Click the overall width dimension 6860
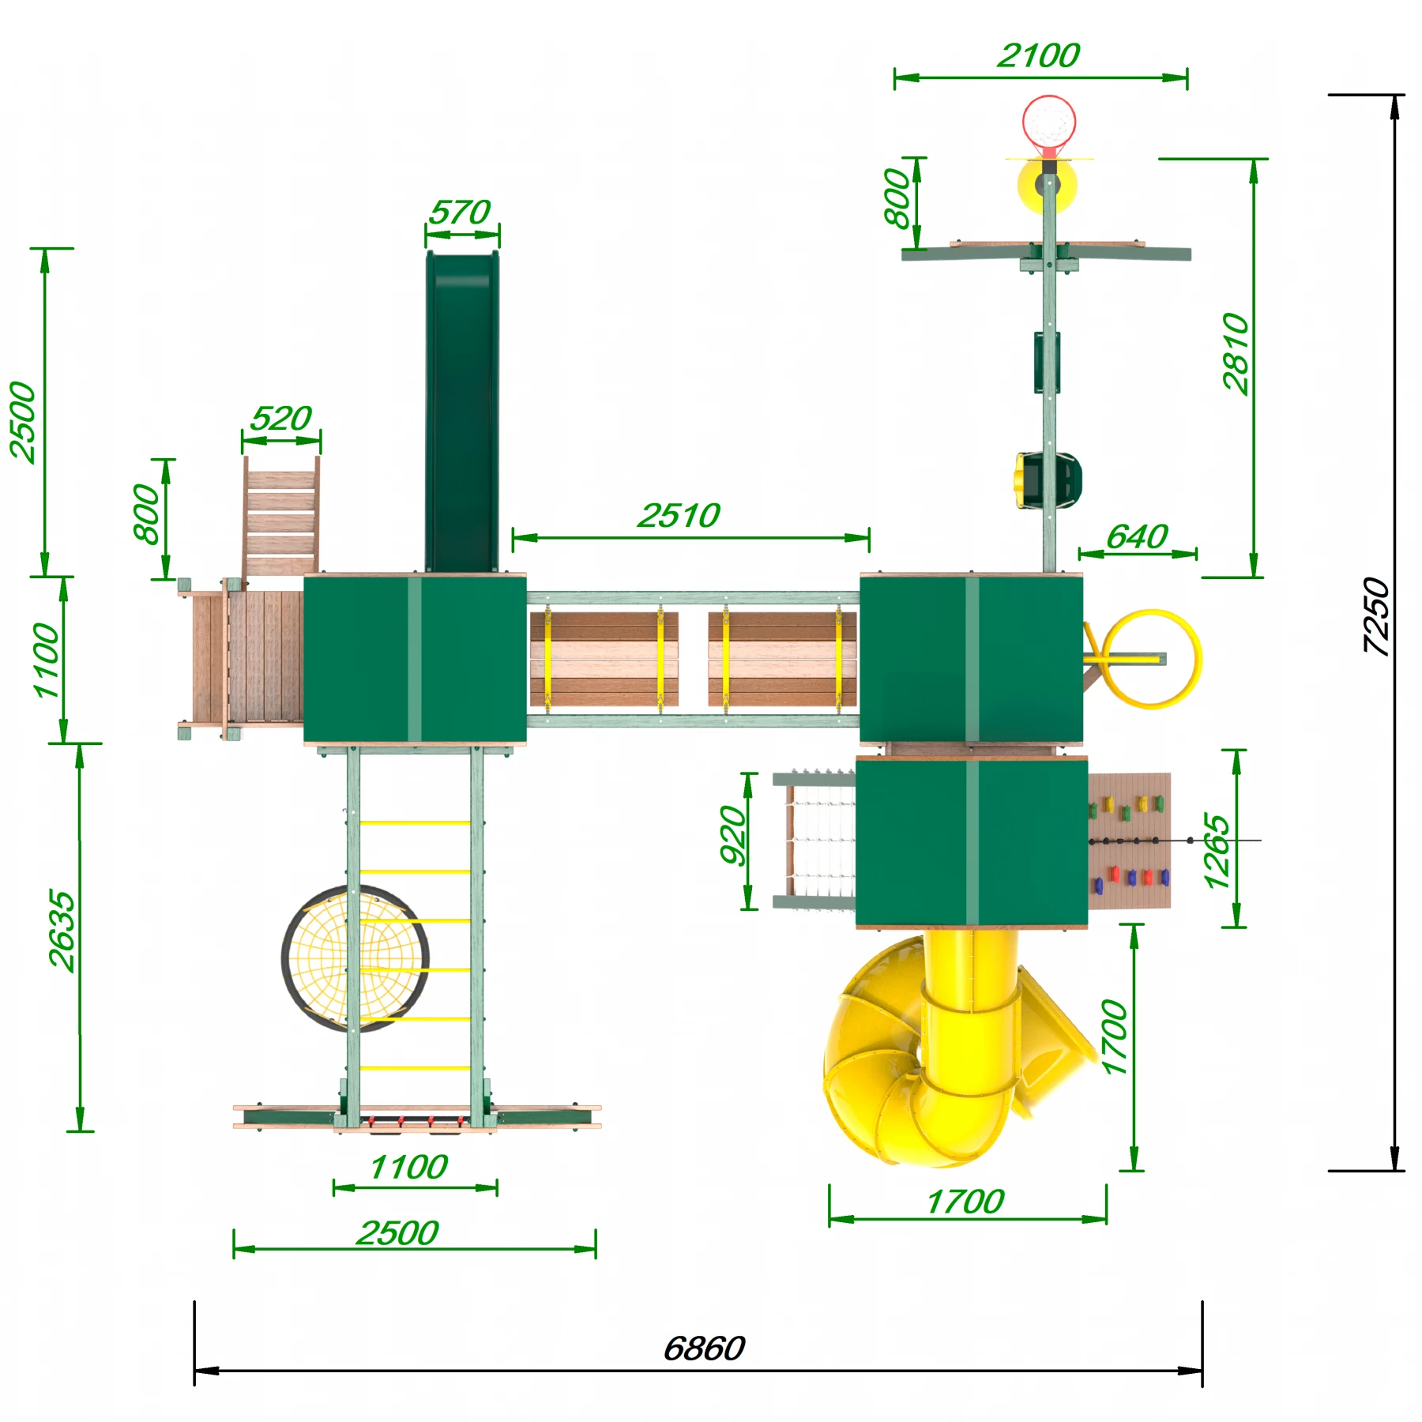pyautogui.click(x=704, y=1349)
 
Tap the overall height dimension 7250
pyautogui.click(x=1376, y=616)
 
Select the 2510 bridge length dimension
pyautogui.click(x=679, y=516)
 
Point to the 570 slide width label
pyautogui.click(x=460, y=212)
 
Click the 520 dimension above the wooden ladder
pyautogui.click(x=281, y=418)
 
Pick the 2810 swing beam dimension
pyautogui.click(x=1236, y=353)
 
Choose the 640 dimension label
pyautogui.click(x=1137, y=537)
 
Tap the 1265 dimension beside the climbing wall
pyautogui.click(x=1217, y=851)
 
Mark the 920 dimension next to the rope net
pyautogui.click(x=733, y=834)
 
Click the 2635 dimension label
pyautogui.click(x=62, y=931)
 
